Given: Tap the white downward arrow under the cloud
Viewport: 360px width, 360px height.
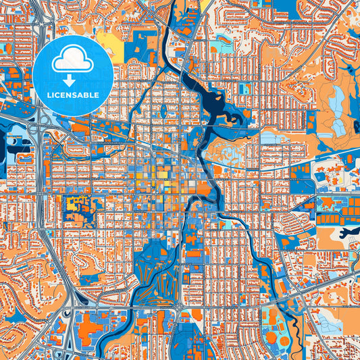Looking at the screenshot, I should (x=73, y=80).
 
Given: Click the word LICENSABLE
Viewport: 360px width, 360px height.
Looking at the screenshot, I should (x=73, y=95).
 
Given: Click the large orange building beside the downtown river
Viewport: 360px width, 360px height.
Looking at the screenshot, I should (x=203, y=187).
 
